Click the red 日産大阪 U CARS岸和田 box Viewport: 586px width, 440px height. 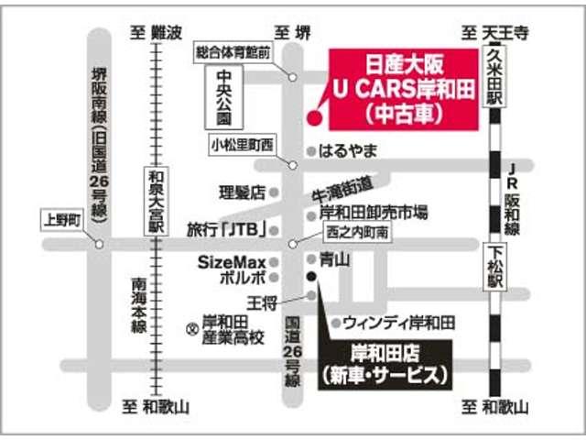coord(404,88)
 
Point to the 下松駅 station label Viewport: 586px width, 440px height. coord(494,262)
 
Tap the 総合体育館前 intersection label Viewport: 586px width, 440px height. coord(232,53)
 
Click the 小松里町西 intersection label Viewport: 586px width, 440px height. coord(242,145)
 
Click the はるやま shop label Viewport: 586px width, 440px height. coord(347,149)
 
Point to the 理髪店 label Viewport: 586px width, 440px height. coord(242,192)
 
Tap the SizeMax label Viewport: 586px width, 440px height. coord(232,261)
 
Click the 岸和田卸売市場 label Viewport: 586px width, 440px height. coord(374,213)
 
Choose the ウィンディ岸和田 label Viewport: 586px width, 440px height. coord(399,322)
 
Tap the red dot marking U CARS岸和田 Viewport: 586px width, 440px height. coord(313,116)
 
